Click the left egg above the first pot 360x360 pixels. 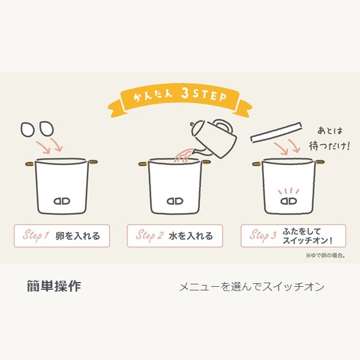tap(28, 130)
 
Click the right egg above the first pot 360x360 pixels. tap(47, 128)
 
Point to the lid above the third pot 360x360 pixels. tap(276, 133)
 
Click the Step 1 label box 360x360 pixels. tap(62, 236)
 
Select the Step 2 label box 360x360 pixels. tap(175, 236)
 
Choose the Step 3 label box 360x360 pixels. tap(293, 236)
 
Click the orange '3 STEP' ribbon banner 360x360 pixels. tap(180, 99)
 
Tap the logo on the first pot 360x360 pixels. tap(62, 201)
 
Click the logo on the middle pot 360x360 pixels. tap(175, 201)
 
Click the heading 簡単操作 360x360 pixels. tap(54, 286)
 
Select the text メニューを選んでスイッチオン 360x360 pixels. tap(251, 287)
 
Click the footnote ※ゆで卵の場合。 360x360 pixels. tap(326, 256)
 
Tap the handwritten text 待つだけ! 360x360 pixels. tap(329, 146)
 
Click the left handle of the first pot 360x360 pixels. tap(30, 164)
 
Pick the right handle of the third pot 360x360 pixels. tap(320, 163)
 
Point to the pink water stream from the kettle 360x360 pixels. tap(184, 155)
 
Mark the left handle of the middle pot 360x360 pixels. tap(143, 164)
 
